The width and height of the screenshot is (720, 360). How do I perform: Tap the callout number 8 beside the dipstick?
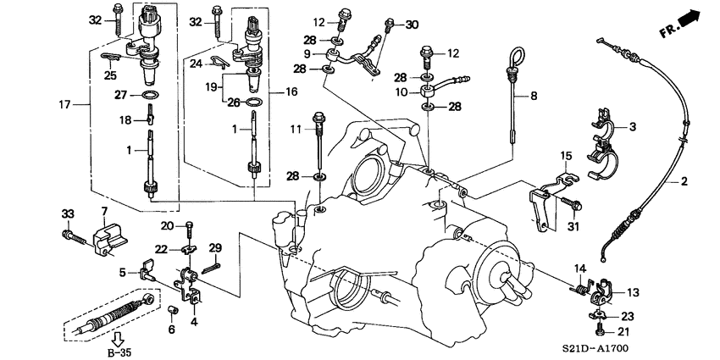click(534, 97)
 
